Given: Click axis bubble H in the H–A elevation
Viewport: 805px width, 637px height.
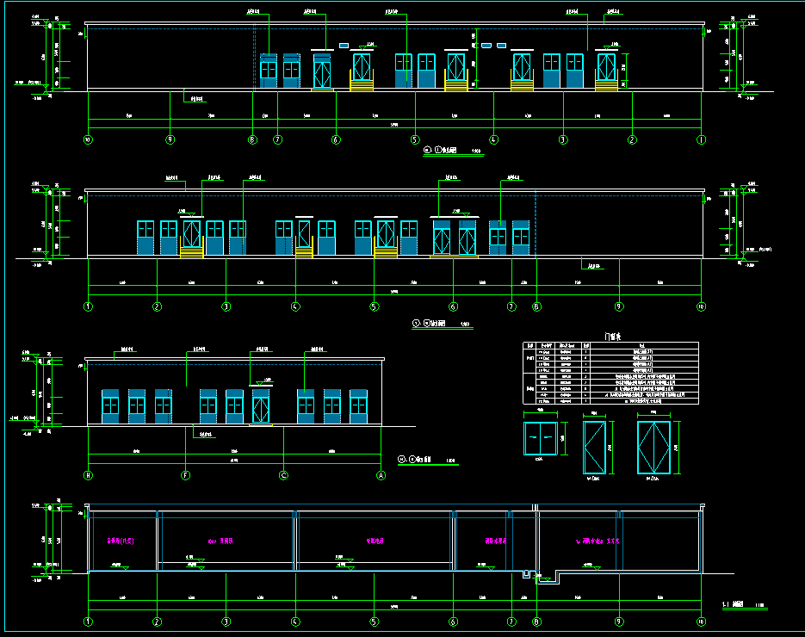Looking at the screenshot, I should tap(88, 474).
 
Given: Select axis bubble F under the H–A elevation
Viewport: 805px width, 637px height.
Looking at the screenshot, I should tap(186, 474).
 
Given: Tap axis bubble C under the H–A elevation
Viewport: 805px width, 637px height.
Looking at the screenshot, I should tap(283, 474).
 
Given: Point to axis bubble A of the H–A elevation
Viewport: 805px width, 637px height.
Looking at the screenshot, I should tap(381, 474).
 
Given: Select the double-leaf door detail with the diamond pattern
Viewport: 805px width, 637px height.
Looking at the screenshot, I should tap(653, 447).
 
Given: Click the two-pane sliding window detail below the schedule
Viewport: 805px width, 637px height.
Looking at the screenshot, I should tap(540, 439).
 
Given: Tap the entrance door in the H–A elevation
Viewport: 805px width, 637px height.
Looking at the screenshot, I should tap(261, 406).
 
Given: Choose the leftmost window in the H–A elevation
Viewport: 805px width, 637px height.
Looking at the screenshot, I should tap(110, 405).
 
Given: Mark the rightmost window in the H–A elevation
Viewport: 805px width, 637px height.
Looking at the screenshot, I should tap(358, 405).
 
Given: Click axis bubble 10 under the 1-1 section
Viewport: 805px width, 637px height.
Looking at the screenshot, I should tap(701, 621).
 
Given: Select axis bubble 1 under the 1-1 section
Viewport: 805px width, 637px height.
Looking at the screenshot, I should tap(88, 621).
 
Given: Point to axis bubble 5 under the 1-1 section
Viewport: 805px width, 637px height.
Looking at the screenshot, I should tap(374, 621).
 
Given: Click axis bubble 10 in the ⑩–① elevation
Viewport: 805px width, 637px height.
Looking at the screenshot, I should tap(88, 139).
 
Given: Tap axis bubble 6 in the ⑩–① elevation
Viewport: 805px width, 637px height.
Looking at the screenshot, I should tap(336, 139).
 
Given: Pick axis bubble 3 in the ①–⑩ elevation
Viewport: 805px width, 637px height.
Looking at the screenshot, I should tap(226, 306).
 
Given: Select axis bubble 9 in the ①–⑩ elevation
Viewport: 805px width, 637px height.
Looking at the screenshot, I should tap(619, 306).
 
